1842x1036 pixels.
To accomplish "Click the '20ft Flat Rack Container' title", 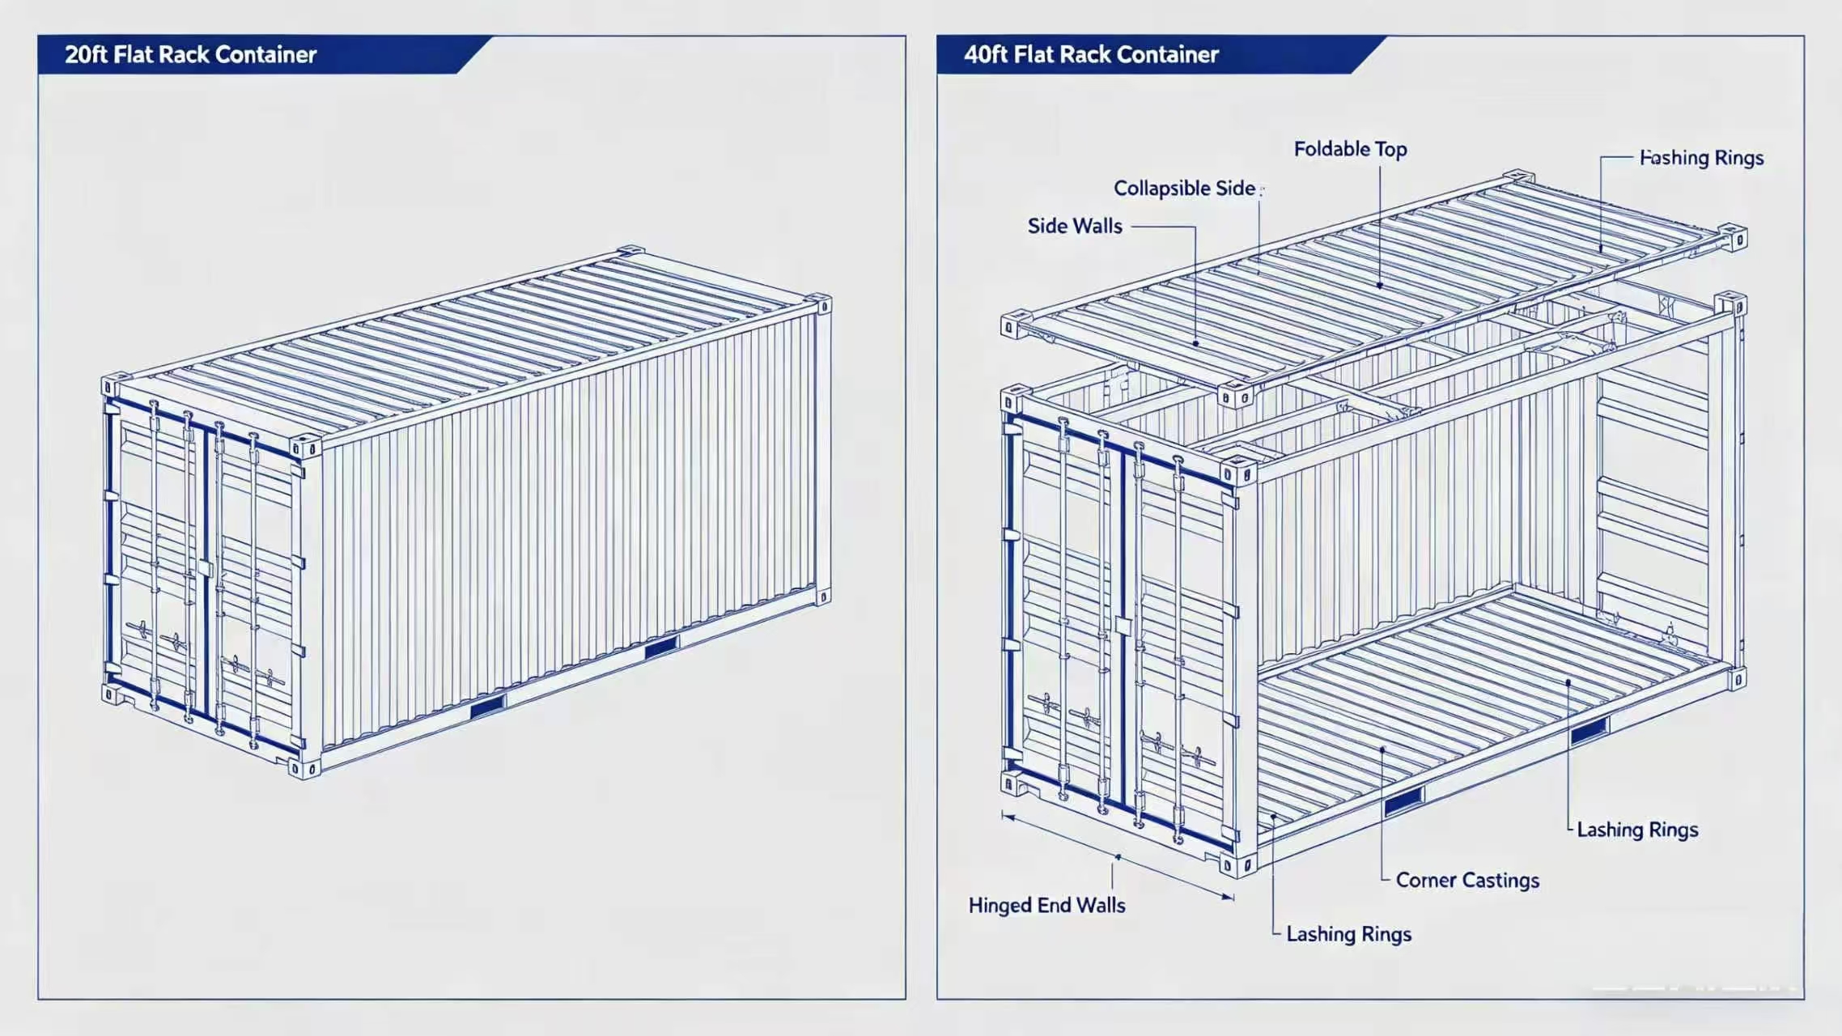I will (x=190, y=54).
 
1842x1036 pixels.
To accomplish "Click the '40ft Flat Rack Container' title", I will (x=1091, y=54).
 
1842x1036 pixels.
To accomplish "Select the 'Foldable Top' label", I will (x=1350, y=149).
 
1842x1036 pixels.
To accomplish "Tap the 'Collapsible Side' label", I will (x=1185, y=188).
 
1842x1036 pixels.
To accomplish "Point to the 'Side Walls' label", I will (x=1075, y=226).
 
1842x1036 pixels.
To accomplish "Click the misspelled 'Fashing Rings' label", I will (x=1701, y=158).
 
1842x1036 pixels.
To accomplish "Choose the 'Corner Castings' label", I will (x=1467, y=880).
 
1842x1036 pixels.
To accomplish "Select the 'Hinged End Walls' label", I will (x=1046, y=905).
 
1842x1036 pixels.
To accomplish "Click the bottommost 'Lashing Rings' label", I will (x=1348, y=934).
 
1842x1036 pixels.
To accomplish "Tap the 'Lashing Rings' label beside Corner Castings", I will (x=1637, y=830).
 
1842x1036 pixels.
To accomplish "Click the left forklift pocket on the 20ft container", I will (x=487, y=707).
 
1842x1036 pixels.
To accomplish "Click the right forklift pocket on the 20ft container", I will (x=660, y=647).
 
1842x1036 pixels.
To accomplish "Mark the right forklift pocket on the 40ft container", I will (x=1589, y=730).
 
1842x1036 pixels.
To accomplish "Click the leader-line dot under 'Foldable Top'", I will (x=1380, y=285).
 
